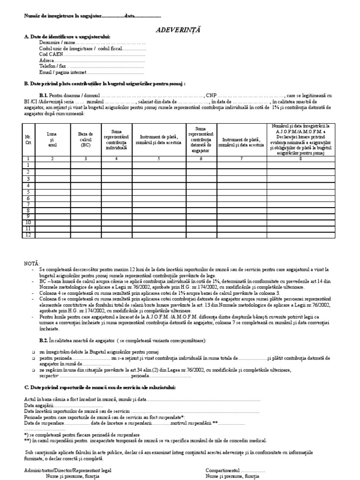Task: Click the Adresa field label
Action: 46,60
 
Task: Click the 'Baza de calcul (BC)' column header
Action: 85,140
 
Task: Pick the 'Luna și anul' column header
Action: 52,140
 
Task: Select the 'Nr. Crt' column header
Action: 28,140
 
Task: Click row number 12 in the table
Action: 28,235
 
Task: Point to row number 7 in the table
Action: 28,204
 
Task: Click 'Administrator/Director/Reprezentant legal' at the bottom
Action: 68,470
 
